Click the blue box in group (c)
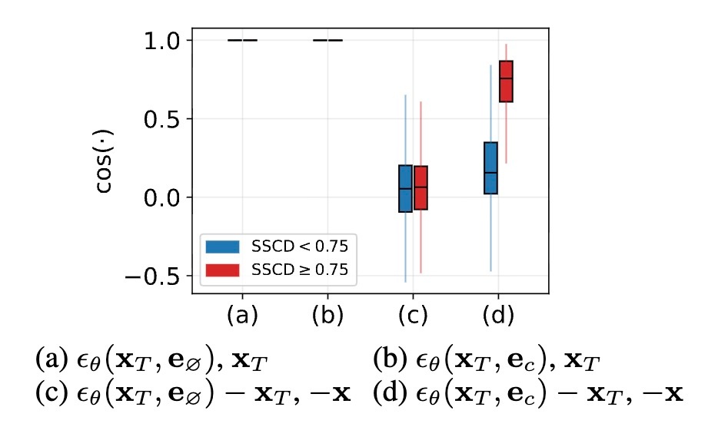[405, 188]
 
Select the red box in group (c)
[420, 187]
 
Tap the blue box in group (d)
[490, 167]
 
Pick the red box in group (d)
[506, 81]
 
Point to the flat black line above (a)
[243, 40]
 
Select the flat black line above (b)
[328, 40]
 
